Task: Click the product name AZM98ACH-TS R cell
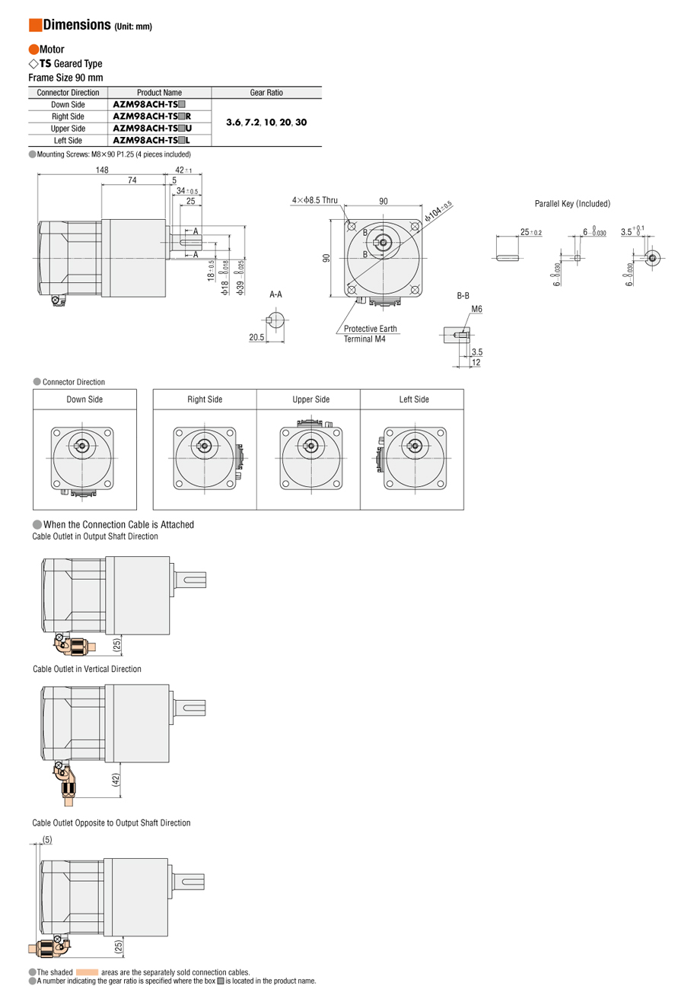pos(151,116)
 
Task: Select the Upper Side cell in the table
pos(68,129)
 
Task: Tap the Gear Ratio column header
pos(266,93)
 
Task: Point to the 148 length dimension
pos(102,170)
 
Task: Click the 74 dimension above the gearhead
pos(132,180)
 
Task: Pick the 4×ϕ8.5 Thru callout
pos(314,200)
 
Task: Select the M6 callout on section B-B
pos(476,309)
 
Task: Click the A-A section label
pos(275,294)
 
